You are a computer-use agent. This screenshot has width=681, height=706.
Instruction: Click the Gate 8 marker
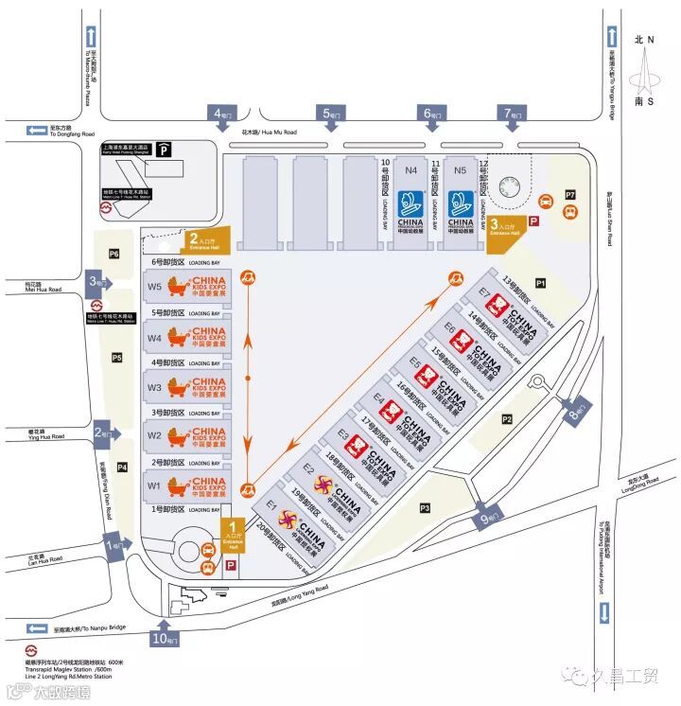pos(577,410)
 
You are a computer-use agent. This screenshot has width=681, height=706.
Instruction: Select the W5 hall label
pos(154,283)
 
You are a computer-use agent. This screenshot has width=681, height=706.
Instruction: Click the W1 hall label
pos(154,486)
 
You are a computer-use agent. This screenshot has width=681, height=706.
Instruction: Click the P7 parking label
pos(570,194)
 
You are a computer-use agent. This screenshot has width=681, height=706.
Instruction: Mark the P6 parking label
pos(114,254)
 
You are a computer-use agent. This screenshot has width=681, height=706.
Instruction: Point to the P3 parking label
pos(425,508)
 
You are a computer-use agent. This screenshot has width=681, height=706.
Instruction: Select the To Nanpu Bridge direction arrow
pos(40,628)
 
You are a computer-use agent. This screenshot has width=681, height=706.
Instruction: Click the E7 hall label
pos(484,292)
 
